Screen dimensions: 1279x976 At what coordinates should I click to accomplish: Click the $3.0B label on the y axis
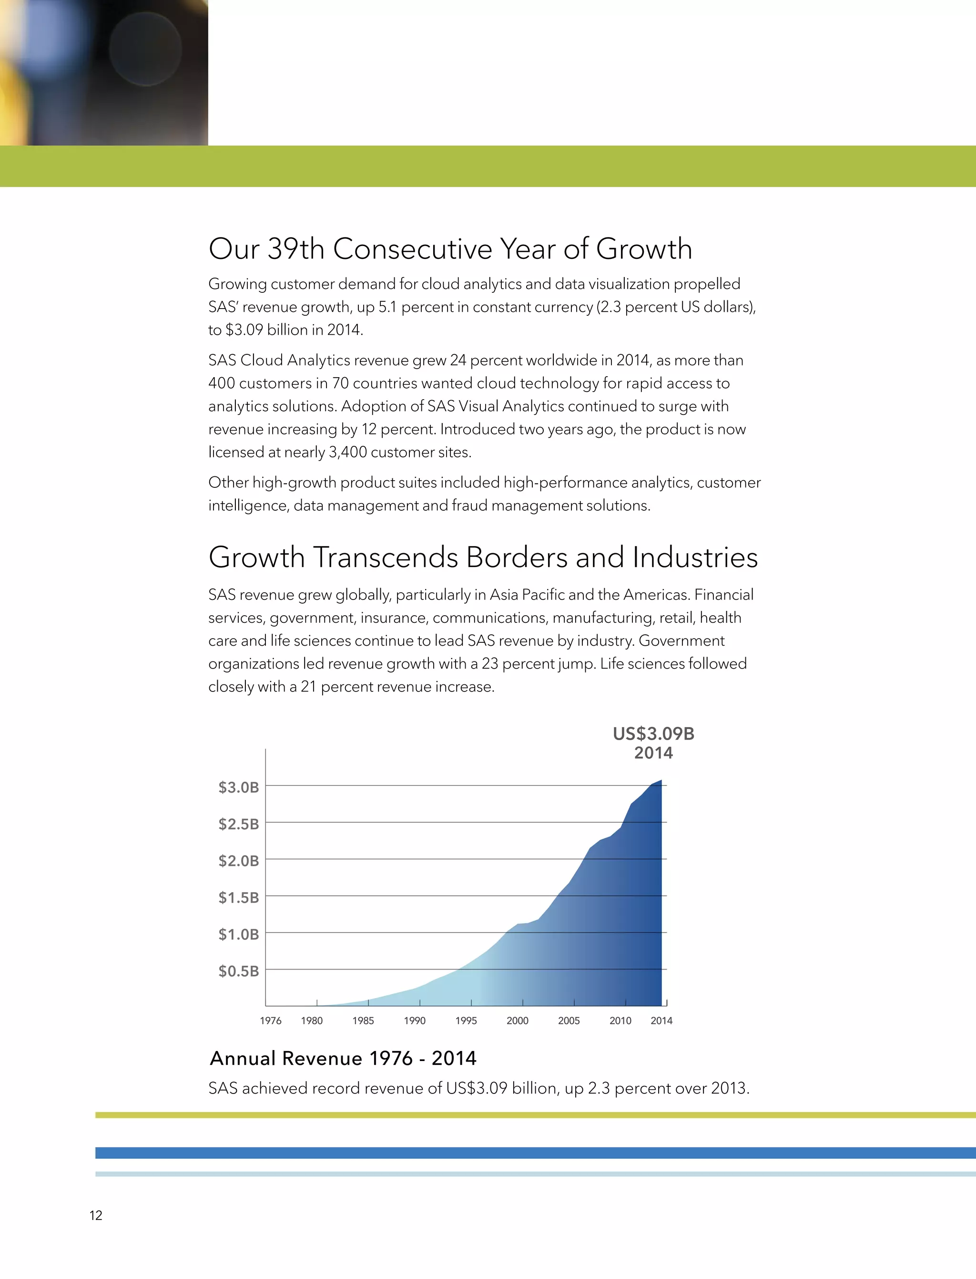[238, 787]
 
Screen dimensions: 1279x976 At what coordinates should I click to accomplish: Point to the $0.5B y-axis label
[238, 971]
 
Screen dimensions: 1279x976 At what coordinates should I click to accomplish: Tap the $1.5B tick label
[238, 897]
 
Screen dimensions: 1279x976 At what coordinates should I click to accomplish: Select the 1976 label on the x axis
[271, 1021]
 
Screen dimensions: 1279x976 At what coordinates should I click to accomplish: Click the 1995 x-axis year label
[466, 1021]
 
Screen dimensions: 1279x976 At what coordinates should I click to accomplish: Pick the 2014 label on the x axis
[661, 1021]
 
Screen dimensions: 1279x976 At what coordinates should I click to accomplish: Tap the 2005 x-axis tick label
[569, 1021]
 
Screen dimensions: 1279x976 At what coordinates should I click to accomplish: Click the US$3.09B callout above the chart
[653, 733]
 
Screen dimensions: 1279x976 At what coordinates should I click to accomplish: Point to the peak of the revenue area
[661, 781]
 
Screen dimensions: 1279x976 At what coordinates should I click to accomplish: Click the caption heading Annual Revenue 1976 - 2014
[343, 1058]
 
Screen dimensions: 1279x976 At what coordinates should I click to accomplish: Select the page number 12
[96, 1216]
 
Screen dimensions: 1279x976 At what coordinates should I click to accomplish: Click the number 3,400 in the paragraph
[347, 452]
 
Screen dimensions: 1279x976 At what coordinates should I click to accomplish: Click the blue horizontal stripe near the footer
[535, 1153]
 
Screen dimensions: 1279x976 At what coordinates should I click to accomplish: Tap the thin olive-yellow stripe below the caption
[535, 1115]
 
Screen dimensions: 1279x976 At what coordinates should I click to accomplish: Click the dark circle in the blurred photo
[145, 50]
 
